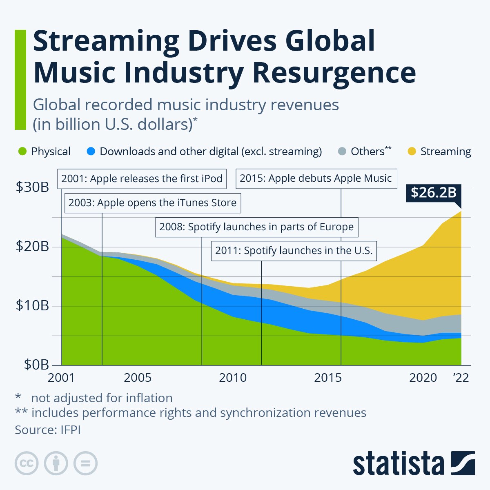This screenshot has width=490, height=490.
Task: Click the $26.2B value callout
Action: coord(433,192)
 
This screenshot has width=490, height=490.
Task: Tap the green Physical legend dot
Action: coord(23,151)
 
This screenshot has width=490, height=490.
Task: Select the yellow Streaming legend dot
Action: coord(412,151)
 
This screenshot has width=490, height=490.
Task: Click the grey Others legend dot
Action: coord(342,151)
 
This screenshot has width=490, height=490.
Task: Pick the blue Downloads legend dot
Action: coord(91,151)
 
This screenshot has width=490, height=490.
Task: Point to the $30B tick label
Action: coord(32,187)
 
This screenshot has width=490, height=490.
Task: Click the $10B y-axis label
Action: coord(32,305)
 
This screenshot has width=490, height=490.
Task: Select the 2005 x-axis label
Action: coord(138,378)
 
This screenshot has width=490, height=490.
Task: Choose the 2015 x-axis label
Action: coord(328,378)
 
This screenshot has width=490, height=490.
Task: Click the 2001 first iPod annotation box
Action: coord(142,178)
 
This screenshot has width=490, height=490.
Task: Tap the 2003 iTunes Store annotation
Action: coord(152,203)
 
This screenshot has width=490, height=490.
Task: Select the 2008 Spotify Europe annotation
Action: coord(256,227)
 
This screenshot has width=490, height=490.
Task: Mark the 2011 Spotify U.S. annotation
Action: coord(294,250)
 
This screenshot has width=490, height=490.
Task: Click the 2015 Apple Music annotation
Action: coord(316,178)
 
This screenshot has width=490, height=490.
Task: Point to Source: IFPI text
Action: coord(48,430)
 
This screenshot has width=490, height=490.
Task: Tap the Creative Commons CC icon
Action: coord(27,463)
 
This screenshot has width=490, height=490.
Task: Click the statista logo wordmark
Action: coord(398,464)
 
